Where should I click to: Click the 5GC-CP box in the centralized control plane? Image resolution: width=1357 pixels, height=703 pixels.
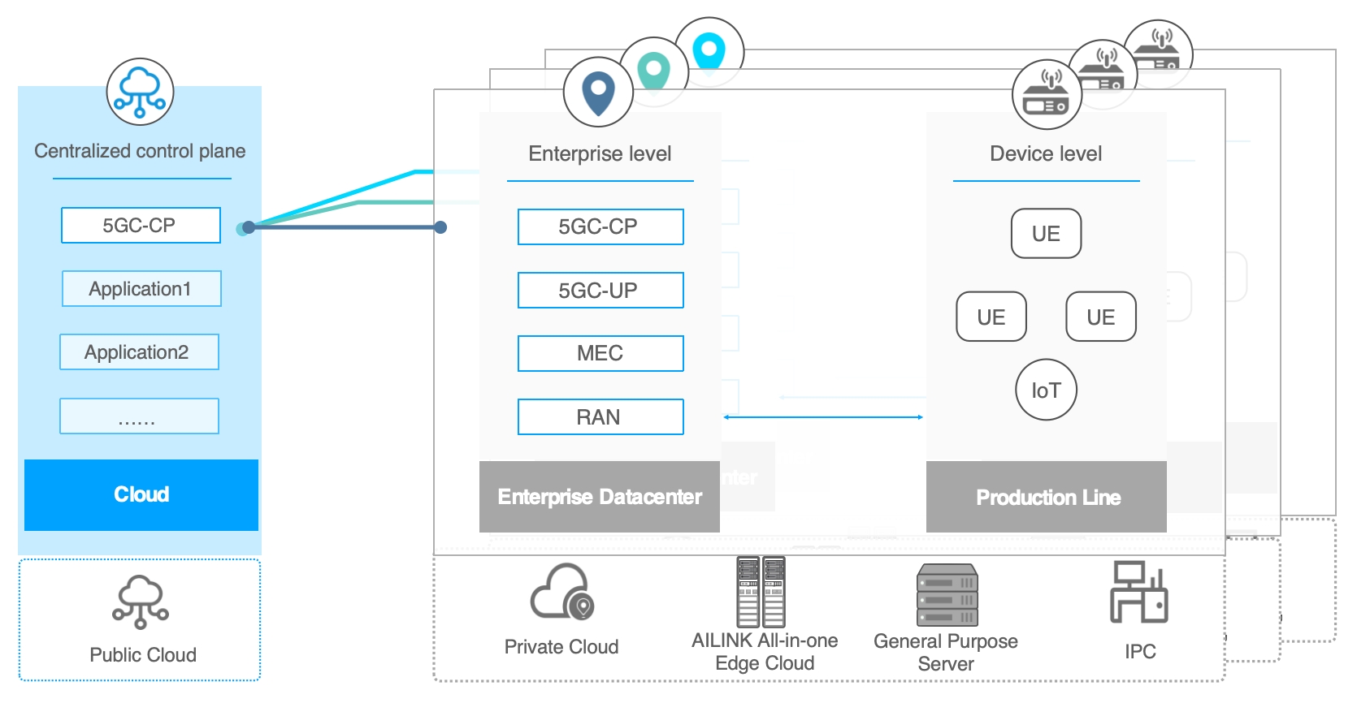[141, 225]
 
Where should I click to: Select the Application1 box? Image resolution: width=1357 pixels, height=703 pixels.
[141, 288]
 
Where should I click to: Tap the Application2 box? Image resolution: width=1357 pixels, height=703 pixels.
[139, 351]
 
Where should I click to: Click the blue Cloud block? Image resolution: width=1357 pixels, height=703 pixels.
[141, 494]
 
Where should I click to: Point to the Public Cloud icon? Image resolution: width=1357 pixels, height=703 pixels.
[141, 602]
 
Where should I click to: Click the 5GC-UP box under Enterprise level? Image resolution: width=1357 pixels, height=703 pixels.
[600, 290]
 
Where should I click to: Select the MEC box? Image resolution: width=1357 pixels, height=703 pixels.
[600, 353]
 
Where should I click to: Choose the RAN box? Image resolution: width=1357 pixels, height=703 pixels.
[600, 416]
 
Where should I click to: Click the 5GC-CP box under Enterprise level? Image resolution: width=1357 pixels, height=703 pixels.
[600, 226]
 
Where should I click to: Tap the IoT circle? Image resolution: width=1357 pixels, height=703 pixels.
[1046, 390]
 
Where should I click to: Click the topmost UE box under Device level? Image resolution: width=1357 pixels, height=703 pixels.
[1046, 233]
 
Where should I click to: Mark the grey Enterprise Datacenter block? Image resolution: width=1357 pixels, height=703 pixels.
[600, 497]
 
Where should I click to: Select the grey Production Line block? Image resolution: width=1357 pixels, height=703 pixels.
[1047, 497]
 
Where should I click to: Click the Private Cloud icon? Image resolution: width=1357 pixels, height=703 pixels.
[562, 593]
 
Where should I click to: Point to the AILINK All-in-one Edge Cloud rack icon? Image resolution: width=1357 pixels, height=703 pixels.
[761, 592]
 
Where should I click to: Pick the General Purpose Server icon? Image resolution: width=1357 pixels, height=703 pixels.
[947, 595]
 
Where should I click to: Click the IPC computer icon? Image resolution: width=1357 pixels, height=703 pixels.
[1139, 593]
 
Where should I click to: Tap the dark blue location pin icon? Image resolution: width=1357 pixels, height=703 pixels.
[598, 93]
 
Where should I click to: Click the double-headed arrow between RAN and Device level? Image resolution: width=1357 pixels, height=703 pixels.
[823, 417]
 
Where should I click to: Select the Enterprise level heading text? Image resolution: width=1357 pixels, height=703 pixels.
[600, 153]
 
